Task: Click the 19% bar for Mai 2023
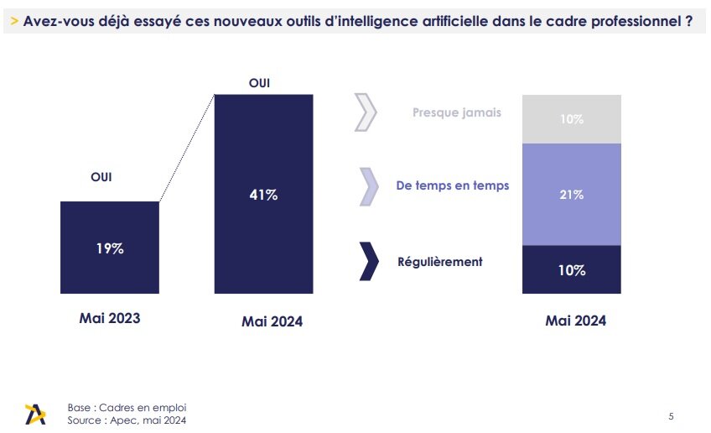click(x=109, y=248)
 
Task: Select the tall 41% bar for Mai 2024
click(x=264, y=194)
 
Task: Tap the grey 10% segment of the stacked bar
click(x=571, y=119)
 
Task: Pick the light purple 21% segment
click(x=571, y=194)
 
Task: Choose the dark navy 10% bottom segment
click(x=571, y=269)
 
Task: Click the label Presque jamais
click(x=456, y=112)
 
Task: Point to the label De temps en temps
click(x=452, y=185)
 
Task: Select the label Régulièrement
click(x=439, y=261)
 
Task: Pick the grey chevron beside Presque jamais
click(x=366, y=113)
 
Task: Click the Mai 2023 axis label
click(x=110, y=319)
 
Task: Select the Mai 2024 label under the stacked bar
click(x=575, y=321)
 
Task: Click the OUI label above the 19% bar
click(x=101, y=177)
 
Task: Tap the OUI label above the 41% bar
click(x=260, y=82)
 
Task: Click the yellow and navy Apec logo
click(x=36, y=414)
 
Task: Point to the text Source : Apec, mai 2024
click(x=127, y=420)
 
